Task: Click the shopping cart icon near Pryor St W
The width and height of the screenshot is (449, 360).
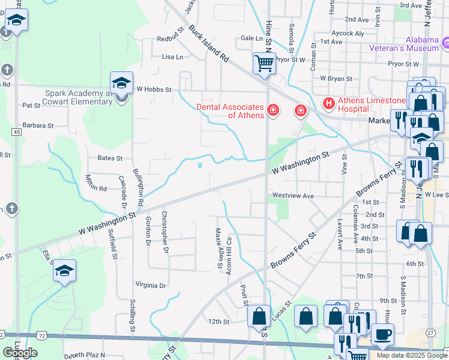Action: click(264, 62)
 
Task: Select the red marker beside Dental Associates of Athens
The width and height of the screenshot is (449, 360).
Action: click(273, 110)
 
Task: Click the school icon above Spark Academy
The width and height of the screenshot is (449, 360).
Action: click(121, 83)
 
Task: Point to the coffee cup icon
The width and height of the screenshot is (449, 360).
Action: click(382, 335)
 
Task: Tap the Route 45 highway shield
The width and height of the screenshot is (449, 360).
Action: click(16, 131)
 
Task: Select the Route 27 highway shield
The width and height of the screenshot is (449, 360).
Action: click(430, 332)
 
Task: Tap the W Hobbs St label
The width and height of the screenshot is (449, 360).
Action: click(154, 89)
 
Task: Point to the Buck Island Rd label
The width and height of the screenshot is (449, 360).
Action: click(209, 44)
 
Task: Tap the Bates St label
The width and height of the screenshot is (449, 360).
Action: click(110, 158)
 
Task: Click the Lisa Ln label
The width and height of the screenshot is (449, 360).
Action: click(172, 57)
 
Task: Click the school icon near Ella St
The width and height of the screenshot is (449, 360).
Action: click(64, 271)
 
